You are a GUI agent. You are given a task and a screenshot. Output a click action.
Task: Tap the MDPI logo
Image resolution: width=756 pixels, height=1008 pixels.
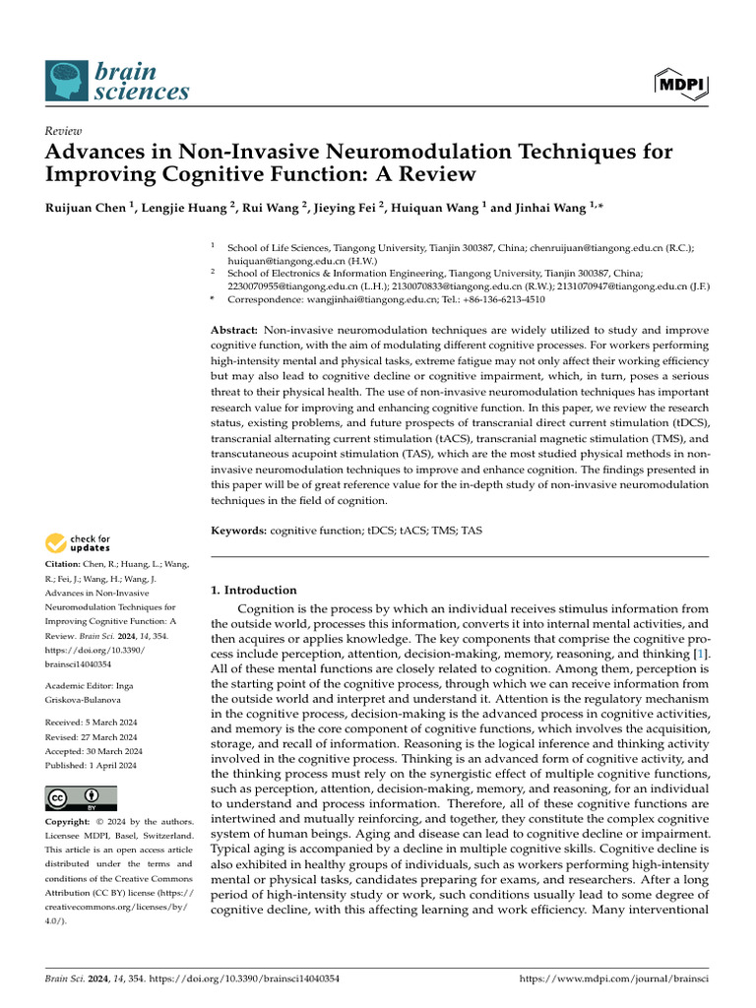[x=680, y=84]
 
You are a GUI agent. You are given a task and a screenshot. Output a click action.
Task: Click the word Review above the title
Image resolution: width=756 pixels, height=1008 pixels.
[x=63, y=131]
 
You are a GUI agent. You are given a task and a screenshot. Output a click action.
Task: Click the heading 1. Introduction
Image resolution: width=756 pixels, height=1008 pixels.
[x=254, y=591]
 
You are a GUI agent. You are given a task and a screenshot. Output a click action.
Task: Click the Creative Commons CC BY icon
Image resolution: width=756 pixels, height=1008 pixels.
[x=81, y=798]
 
